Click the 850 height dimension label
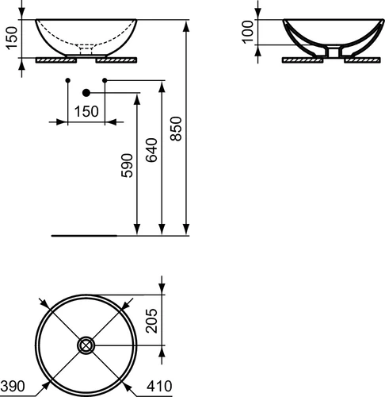coord(176,129)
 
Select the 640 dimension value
coord(151,150)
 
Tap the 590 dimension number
coord(127,166)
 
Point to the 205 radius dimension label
coord(151,321)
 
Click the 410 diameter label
coord(159,386)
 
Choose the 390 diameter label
coord(13,386)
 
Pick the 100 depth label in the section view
coord(248,32)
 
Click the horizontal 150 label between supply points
coord(86,111)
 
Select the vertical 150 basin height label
coord(12,38)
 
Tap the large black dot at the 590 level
coord(86,93)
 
